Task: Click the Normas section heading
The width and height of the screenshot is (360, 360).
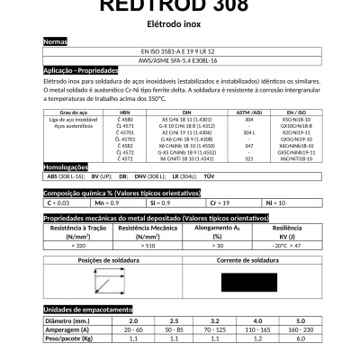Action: point(56,42)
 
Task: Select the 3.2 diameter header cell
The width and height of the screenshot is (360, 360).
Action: point(216,321)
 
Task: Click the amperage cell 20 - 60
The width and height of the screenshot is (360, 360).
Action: point(133,329)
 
